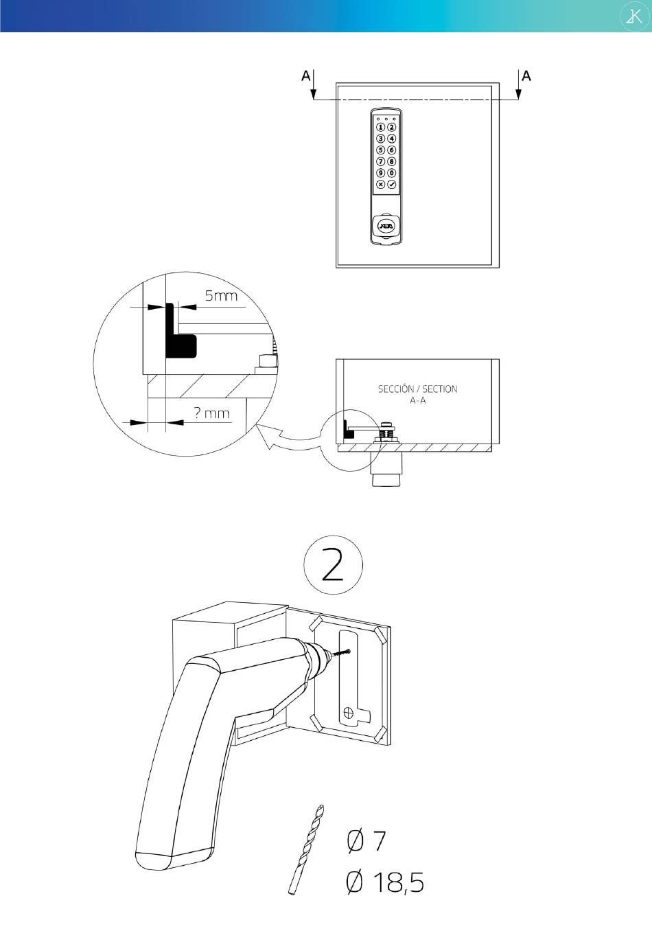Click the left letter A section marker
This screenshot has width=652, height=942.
(x=305, y=76)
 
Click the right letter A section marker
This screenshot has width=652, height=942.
(x=526, y=76)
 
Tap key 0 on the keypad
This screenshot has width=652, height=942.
(x=392, y=174)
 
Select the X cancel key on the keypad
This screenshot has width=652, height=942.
(x=380, y=185)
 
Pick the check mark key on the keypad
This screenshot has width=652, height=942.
(x=392, y=185)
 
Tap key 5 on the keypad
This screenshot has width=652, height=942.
(x=380, y=150)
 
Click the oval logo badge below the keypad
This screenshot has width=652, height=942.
(x=386, y=225)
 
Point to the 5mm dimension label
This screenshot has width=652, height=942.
(x=221, y=297)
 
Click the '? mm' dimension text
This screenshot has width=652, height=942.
(x=211, y=413)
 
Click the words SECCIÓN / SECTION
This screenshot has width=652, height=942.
(x=417, y=389)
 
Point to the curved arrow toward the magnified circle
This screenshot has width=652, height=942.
(x=288, y=440)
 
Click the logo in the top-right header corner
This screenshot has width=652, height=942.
(x=631, y=16)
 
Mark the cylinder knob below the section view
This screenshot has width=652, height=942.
(x=386, y=471)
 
